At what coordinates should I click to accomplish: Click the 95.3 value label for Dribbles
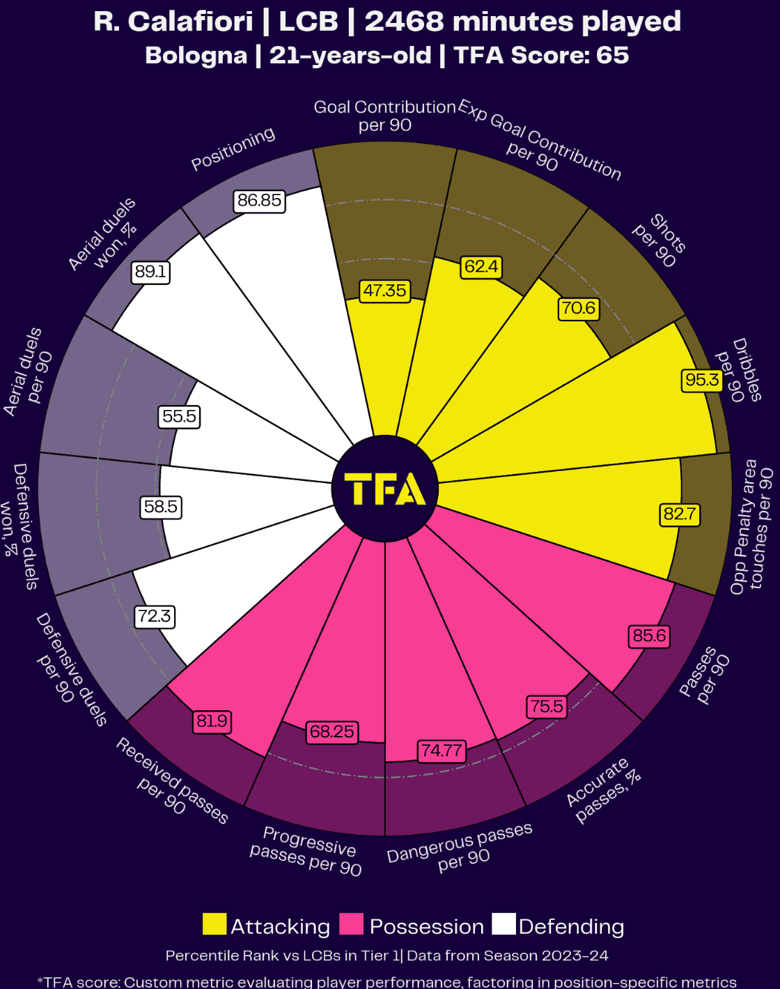click(702, 380)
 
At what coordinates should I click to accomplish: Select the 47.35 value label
click(384, 291)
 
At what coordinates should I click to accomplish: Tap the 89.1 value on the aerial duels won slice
click(150, 272)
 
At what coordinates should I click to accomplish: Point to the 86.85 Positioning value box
click(259, 201)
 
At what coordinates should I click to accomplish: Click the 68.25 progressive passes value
click(332, 732)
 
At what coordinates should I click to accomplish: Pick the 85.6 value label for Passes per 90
click(649, 636)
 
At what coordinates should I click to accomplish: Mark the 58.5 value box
click(161, 507)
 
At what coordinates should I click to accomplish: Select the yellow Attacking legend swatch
click(214, 924)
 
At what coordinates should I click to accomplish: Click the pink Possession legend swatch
click(352, 924)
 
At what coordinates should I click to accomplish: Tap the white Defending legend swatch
click(504, 924)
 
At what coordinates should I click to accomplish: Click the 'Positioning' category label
click(233, 149)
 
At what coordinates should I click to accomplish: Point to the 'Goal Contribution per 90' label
click(384, 116)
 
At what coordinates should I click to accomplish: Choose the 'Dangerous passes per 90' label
click(461, 848)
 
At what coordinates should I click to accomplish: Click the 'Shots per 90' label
click(660, 241)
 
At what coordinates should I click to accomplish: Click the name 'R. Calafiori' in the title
click(173, 22)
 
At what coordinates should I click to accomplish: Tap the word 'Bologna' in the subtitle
click(196, 55)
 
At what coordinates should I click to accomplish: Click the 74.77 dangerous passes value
click(442, 751)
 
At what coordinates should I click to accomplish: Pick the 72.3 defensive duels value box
click(155, 616)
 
